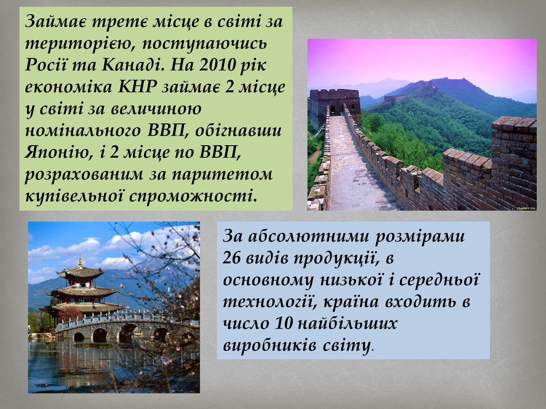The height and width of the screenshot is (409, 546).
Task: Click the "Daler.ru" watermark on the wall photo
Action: pyautogui.click(x=526, y=208)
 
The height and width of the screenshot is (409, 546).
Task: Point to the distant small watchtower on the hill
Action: pyautogui.click(x=390, y=99)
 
